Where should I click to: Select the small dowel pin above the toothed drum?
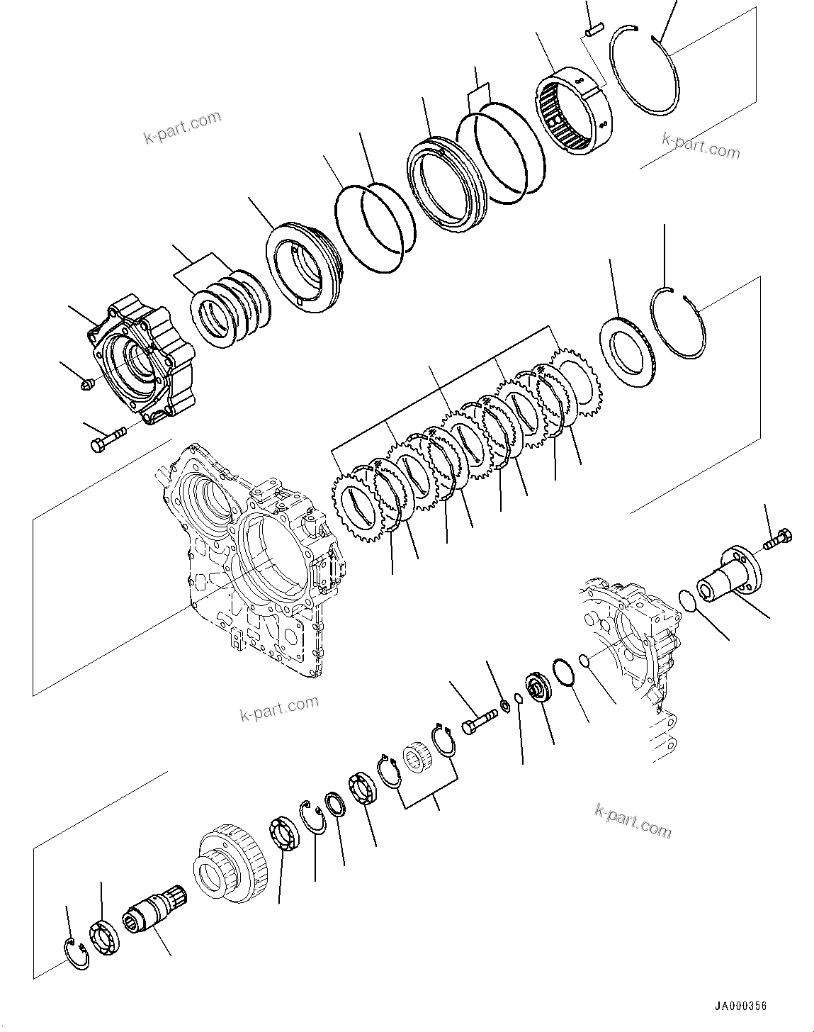[594, 29]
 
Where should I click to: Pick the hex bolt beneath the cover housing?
[105, 439]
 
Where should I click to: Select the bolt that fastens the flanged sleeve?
[778, 538]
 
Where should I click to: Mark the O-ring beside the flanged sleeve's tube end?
[686, 600]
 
